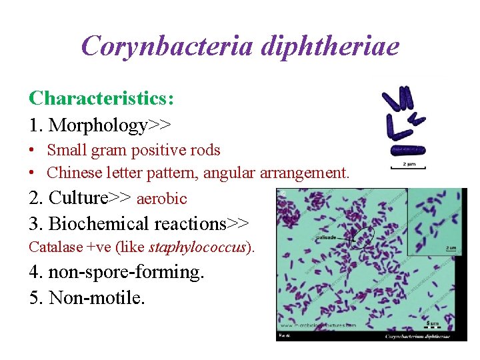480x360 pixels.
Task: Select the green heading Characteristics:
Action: [101, 99]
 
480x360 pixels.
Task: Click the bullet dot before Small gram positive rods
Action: [32, 151]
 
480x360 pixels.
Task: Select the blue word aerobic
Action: [161, 199]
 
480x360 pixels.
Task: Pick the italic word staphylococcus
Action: [197, 247]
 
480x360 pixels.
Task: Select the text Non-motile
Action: [87, 297]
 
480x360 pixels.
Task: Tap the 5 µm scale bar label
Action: [433, 323]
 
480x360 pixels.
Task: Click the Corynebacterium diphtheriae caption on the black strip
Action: [417, 337]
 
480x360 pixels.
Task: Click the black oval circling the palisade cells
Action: [363, 237]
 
